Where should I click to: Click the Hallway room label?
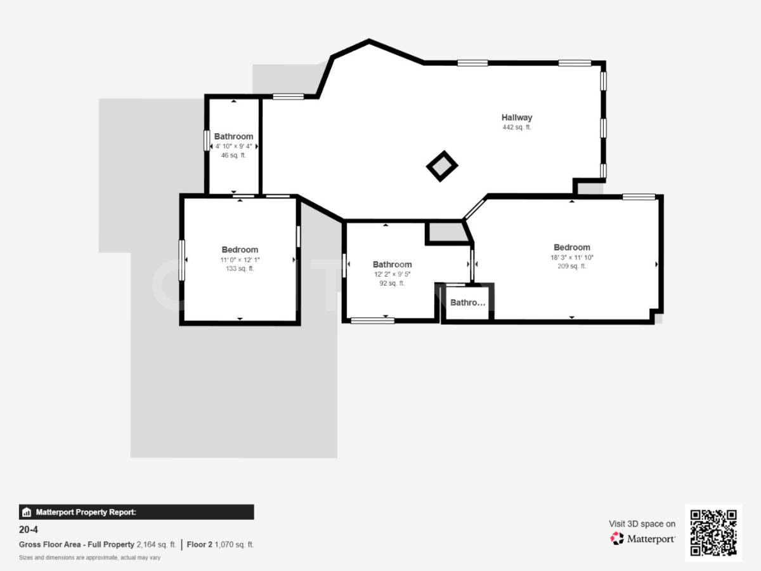click(516, 117)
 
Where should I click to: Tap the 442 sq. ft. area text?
click(516, 128)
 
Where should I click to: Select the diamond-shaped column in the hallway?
click(442, 166)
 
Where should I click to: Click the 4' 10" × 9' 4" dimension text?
click(233, 146)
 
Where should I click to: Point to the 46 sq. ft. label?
click(233, 155)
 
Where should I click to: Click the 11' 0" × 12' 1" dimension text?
click(240, 259)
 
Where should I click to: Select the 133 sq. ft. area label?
click(240, 269)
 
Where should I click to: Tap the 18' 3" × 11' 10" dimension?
click(571, 258)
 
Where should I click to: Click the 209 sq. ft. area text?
click(571, 266)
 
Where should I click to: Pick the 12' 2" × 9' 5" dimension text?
click(392, 275)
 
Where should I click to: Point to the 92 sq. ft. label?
click(392, 284)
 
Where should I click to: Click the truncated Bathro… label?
click(467, 303)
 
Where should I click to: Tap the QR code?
click(713, 532)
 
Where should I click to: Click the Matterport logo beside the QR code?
click(642, 539)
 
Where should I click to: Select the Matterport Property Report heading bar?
click(136, 512)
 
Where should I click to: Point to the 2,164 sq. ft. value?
click(156, 544)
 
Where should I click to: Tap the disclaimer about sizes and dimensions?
click(89, 558)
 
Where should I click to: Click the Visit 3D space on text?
click(642, 524)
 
